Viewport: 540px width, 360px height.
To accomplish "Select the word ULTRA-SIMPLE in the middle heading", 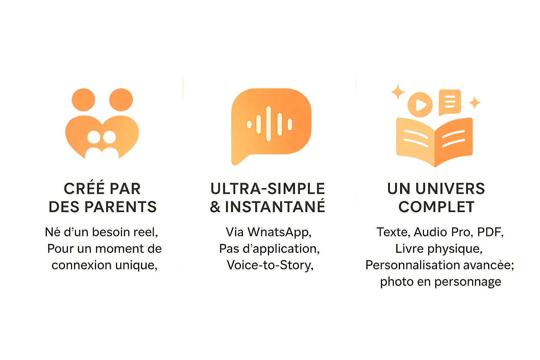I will pos(268,189).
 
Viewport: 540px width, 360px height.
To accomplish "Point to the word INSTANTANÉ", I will pos(275,207).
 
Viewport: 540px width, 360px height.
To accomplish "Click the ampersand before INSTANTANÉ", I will pos(215,207).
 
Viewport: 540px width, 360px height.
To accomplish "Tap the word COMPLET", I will pos(436,207).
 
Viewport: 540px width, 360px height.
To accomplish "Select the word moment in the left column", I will pos(120,249).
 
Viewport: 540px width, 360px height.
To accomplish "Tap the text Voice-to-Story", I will pos(270,265).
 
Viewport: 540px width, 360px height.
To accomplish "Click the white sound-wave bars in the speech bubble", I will pos(270,124).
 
